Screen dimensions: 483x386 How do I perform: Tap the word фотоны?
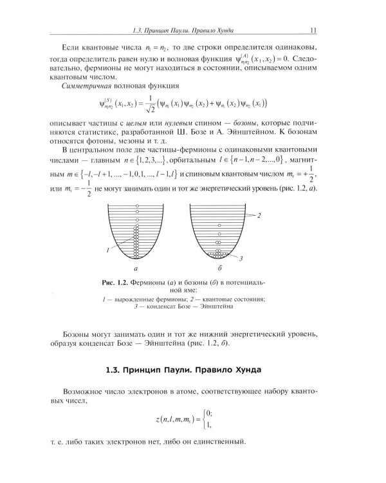116,147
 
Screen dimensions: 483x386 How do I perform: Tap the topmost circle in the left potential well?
136,206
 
